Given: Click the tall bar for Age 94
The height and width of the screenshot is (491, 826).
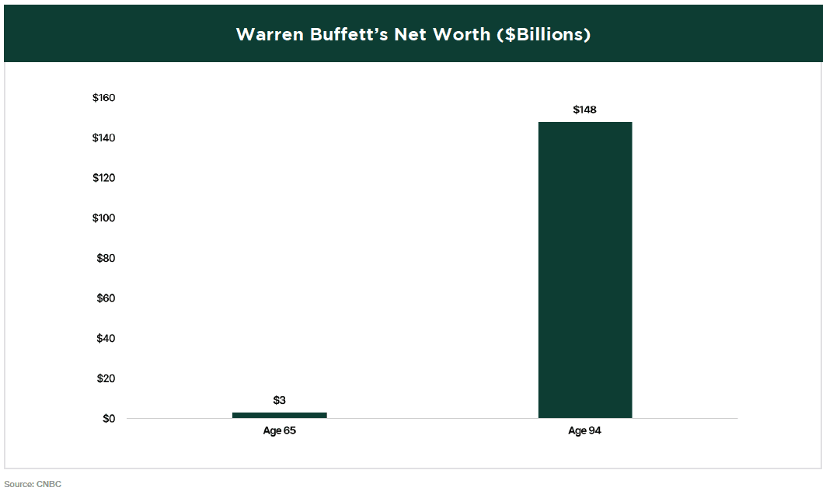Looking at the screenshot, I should click(x=584, y=270).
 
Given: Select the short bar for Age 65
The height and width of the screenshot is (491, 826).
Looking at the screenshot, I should click(x=279, y=415).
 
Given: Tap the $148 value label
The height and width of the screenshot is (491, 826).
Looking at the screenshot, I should click(x=584, y=110).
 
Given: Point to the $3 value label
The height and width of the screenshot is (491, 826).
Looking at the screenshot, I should click(x=280, y=400).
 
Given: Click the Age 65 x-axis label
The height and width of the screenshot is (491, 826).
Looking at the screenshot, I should click(x=280, y=430).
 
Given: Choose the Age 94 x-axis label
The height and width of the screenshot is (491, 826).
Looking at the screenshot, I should click(x=584, y=430).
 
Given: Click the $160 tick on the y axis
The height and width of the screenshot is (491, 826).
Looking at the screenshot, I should click(x=103, y=98).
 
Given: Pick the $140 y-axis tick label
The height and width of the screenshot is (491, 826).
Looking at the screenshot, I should click(x=103, y=138).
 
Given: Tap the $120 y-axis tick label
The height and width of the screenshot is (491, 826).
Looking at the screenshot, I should click(x=103, y=178).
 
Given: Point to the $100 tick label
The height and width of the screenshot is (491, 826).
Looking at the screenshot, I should click(x=103, y=218).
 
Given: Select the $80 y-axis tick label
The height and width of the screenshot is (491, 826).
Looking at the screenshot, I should click(x=106, y=258).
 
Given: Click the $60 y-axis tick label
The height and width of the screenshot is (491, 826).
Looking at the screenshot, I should click(x=106, y=298).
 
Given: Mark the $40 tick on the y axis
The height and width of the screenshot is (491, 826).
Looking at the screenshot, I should click(x=106, y=339).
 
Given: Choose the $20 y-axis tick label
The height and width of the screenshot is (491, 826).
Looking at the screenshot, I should click(x=106, y=378).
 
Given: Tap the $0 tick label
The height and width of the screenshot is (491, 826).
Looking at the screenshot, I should click(x=108, y=419).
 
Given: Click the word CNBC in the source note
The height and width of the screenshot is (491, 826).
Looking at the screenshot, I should click(x=49, y=484).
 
